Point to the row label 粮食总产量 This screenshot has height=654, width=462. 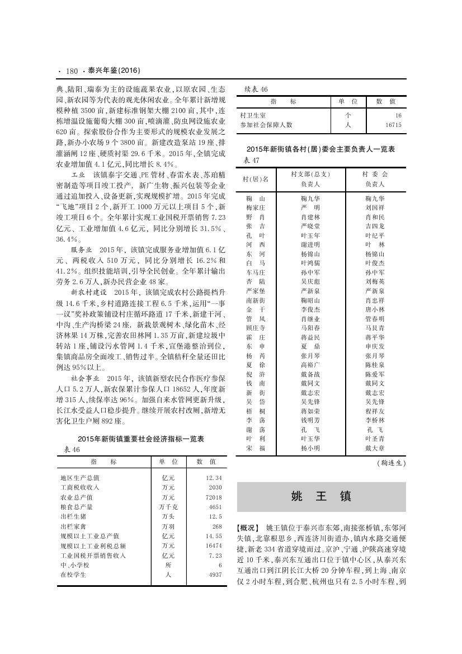[76, 507]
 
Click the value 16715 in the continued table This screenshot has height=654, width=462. [391, 125]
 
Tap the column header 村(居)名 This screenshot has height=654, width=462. [255, 179]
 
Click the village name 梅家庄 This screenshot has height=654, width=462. [255, 208]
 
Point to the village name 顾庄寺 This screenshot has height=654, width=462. [255, 328]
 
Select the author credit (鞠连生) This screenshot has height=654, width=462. [390, 463]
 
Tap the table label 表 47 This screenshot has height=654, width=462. [252, 161]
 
